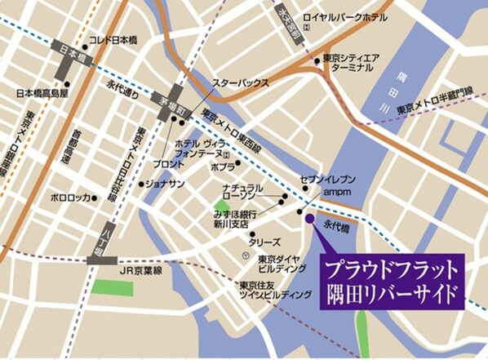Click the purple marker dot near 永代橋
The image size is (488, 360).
(308, 218)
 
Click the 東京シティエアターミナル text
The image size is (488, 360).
(351, 64)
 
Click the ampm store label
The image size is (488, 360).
(337, 191)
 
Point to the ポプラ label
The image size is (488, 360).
(223, 167)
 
